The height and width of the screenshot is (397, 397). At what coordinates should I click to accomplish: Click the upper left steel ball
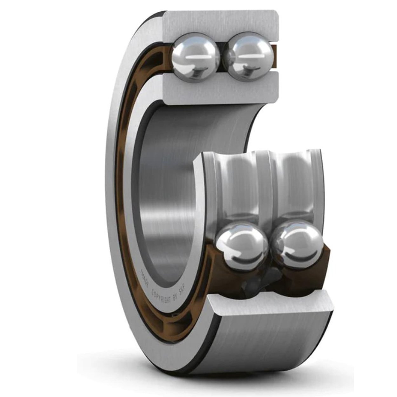point(195,57)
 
